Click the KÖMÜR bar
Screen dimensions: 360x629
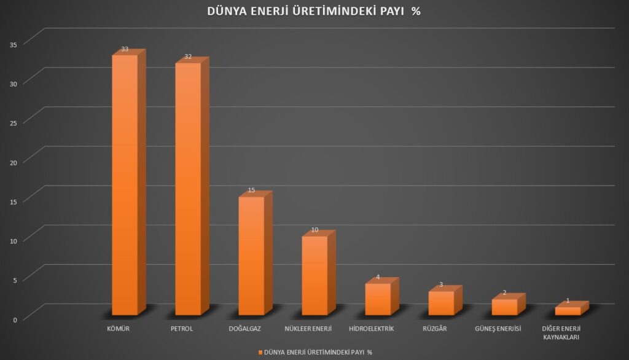(125, 184)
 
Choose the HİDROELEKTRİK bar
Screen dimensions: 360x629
(378, 299)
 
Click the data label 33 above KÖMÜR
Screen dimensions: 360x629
(125, 49)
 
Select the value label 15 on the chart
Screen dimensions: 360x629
(251, 190)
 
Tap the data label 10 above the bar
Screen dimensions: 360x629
(314, 230)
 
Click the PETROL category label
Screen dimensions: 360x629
(182, 329)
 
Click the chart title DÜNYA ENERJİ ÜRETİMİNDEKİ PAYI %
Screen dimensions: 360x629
(314, 12)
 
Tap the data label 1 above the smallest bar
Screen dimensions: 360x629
(568, 301)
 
